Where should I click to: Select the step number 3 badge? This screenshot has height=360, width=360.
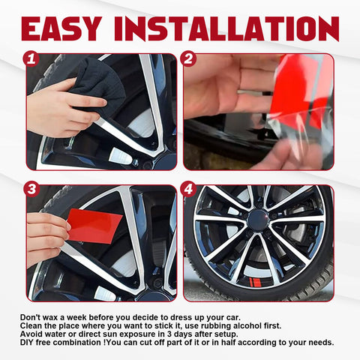point(31,190)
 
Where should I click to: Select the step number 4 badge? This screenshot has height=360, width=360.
point(189,190)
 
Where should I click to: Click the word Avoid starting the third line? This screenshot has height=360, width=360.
point(32,334)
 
